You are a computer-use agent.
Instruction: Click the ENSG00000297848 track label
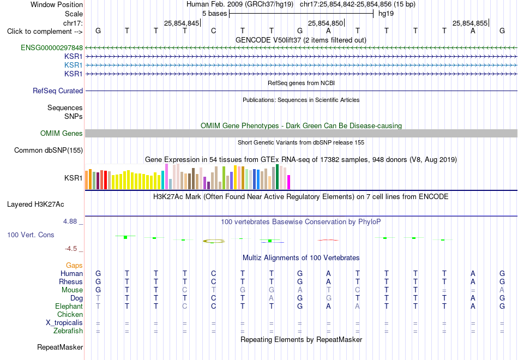tap(52, 48)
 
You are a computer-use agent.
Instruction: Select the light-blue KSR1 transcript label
tap(74, 65)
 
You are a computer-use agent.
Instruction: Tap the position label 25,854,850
tap(326, 23)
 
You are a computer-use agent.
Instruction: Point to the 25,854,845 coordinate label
tap(182, 23)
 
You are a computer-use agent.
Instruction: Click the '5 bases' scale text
tap(215, 14)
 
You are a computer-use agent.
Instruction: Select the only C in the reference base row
tap(213, 31)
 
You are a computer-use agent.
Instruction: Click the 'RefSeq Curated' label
tap(58, 91)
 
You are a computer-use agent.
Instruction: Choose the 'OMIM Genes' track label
tap(62, 133)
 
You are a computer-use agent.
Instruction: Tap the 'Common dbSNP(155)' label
tap(49, 151)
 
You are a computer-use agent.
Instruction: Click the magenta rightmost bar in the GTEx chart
tap(288, 182)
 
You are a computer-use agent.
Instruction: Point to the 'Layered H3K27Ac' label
tap(35, 205)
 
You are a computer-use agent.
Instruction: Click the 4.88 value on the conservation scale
tap(70, 221)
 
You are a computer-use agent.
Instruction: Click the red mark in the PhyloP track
tap(328, 240)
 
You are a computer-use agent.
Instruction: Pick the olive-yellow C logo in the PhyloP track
tap(214, 241)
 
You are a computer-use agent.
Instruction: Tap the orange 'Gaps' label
tap(74, 266)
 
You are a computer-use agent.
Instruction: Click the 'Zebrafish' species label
tap(68, 331)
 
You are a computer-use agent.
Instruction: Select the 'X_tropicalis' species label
tap(64, 323)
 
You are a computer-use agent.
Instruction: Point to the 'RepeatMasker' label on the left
tap(60, 347)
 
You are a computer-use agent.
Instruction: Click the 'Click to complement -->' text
tap(45, 32)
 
